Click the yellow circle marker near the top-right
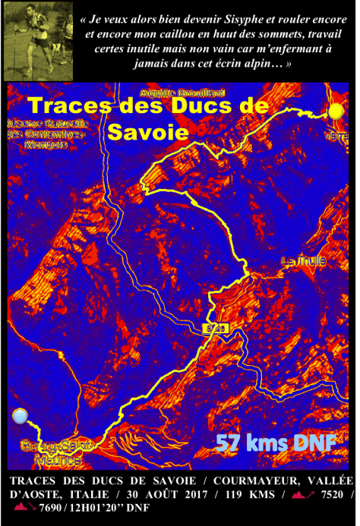coord(336,112)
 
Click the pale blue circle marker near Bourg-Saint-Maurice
coord(21,415)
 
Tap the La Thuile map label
coord(304,260)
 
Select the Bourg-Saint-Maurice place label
coord(51,452)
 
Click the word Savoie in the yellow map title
coord(147,131)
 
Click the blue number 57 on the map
coord(229,443)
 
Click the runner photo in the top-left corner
coord(36,40)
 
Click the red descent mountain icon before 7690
coord(23,508)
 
